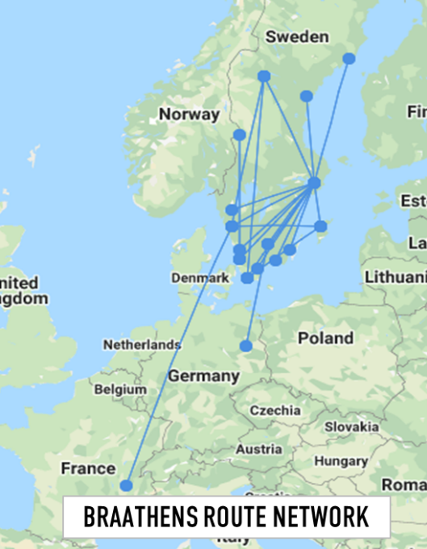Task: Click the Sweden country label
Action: coord(297,37)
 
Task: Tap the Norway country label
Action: coord(189,114)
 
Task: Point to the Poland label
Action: coord(325,338)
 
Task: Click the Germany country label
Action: coord(203,376)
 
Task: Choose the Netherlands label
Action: coord(141,345)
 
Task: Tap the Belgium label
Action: coord(120,389)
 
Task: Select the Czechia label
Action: coord(274,410)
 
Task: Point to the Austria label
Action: coord(258,448)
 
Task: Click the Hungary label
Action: coord(341,461)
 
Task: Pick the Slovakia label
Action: coord(351,426)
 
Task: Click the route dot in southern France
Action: coord(127,485)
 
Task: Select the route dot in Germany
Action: coord(246,347)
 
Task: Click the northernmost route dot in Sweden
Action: coord(349,58)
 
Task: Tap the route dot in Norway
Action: coord(239,135)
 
